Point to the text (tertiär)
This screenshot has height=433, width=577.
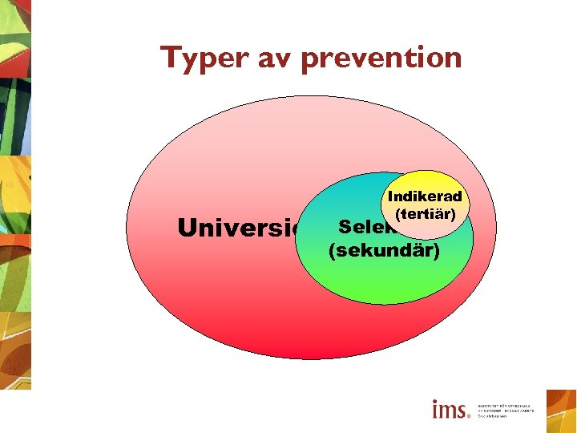(x=425, y=214)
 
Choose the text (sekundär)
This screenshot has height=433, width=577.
(x=384, y=251)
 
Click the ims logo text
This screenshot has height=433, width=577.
(x=450, y=410)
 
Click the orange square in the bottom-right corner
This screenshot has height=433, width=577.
(x=561, y=411)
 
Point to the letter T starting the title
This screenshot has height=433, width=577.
(x=169, y=57)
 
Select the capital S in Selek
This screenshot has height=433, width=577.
(x=345, y=226)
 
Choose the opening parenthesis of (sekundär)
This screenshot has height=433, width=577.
(x=332, y=252)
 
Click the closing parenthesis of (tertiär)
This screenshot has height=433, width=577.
(x=454, y=215)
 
